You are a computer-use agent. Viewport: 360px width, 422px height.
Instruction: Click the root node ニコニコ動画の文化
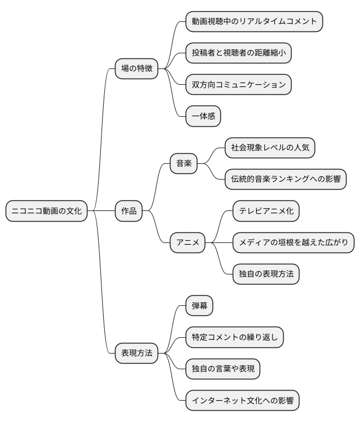click(47, 211)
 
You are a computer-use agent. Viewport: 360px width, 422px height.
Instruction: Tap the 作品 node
click(129, 211)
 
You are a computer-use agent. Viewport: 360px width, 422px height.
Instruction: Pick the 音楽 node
click(184, 163)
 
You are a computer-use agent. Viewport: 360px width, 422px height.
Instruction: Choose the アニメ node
click(188, 242)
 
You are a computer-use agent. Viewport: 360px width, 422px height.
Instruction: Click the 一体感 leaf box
click(204, 116)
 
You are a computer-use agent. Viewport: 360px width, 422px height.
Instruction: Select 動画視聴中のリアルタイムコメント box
click(254, 22)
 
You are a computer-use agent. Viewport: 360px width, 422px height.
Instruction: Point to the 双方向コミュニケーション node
click(238, 85)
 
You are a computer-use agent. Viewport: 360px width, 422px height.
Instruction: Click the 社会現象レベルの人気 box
click(270, 148)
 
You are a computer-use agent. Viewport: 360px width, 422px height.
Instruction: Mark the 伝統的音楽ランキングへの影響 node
click(285, 179)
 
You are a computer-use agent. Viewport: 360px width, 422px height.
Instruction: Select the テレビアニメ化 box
click(266, 211)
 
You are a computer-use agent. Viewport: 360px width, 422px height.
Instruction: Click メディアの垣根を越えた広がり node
click(293, 242)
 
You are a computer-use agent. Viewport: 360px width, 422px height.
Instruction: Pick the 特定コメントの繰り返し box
click(235, 337)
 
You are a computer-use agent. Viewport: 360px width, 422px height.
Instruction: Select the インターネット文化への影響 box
click(242, 401)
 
